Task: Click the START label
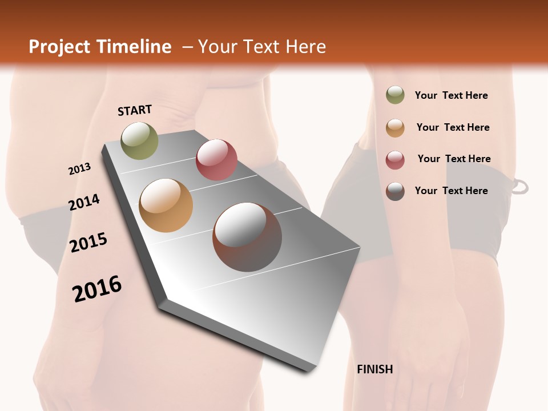135,110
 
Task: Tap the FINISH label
374,369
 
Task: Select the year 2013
79,169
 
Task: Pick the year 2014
84,202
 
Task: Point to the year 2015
88,243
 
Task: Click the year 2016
97,289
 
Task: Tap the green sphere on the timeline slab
139,140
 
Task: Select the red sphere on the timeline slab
216,159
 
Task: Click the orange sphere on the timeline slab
166,205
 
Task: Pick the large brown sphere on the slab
247,237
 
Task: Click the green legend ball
395,95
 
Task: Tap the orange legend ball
395,128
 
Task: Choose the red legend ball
395,160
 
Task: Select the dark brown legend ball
395,191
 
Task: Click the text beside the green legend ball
451,95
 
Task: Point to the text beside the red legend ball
454,159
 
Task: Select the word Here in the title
305,47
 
